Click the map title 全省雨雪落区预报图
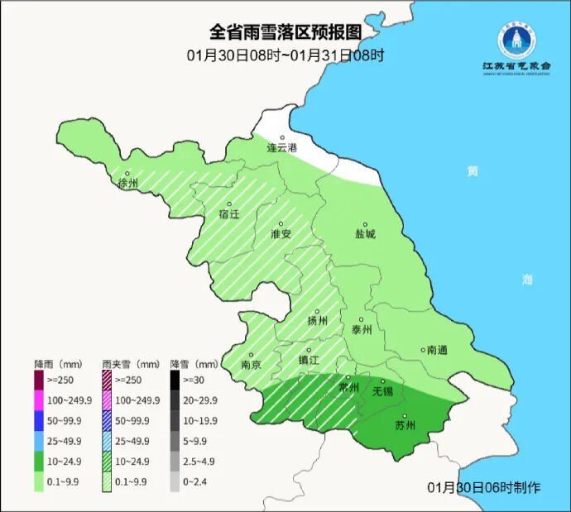point(285,32)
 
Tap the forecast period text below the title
point(285,55)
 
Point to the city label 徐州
point(128,183)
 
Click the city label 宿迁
point(228,214)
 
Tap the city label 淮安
point(281,234)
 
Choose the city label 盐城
point(365,234)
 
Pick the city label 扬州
point(318,321)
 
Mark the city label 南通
point(436,350)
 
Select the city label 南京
point(251,363)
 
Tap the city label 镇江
point(309,361)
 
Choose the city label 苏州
point(405,426)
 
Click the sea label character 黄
point(472,171)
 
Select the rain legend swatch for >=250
point(39,380)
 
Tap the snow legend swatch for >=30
point(175,380)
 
